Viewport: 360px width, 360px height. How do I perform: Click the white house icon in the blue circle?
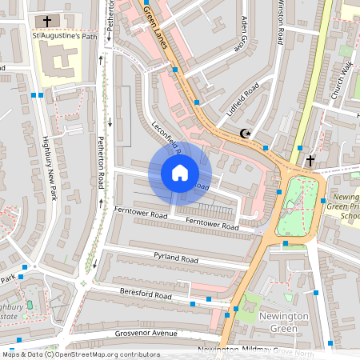[x=180, y=172]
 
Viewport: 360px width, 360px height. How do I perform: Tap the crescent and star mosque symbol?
[x=246, y=134]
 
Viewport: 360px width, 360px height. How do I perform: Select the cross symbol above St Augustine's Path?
[x=47, y=21]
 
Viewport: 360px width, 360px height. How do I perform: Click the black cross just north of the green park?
[x=310, y=160]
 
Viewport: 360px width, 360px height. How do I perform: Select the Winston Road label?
[x=281, y=20]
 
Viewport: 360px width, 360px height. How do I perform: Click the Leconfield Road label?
[x=166, y=137]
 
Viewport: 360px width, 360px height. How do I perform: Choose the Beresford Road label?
[x=146, y=294]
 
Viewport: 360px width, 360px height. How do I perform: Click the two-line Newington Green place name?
[x=283, y=322]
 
